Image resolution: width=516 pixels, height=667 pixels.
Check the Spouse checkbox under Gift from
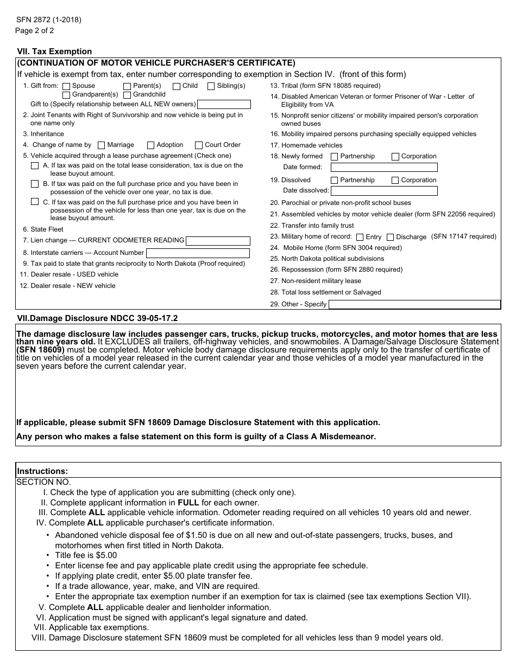point(66,86)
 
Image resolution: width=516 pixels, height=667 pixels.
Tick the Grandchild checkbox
point(127,95)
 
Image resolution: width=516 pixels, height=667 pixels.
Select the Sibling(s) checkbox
point(211,86)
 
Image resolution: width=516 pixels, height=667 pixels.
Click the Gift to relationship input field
point(224,105)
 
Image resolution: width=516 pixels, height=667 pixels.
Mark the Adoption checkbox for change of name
point(151,145)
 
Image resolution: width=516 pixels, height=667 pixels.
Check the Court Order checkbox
point(199,145)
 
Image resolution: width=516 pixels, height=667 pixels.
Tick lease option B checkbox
point(35,184)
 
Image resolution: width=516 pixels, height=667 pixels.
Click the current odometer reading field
point(218,241)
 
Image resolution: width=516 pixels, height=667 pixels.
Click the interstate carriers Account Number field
point(198,253)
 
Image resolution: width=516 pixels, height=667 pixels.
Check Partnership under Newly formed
point(335,157)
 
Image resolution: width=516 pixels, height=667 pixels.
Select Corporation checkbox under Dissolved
point(395,181)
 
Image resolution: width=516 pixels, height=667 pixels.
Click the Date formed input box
point(383,168)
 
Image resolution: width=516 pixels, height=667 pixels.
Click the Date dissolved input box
point(383,191)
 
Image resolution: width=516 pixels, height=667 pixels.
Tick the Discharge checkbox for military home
point(391,238)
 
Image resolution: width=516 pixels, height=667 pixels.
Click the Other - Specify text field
point(414,305)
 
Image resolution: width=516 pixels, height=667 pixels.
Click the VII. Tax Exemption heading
point(55,52)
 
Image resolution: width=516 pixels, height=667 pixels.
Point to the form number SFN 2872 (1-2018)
point(49,20)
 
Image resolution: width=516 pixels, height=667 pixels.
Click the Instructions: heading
point(43,471)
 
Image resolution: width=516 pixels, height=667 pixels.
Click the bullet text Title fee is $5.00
point(86,555)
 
